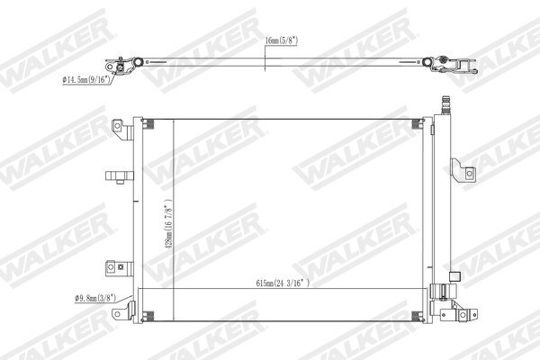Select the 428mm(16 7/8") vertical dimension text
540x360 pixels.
click(x=167, y=225)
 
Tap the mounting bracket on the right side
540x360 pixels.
click(x=463, y=172)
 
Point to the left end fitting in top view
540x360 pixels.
click(x=121, y=67)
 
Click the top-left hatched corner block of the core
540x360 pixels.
click(x=148, y=124)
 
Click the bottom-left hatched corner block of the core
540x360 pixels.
click(x=148, y=311)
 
